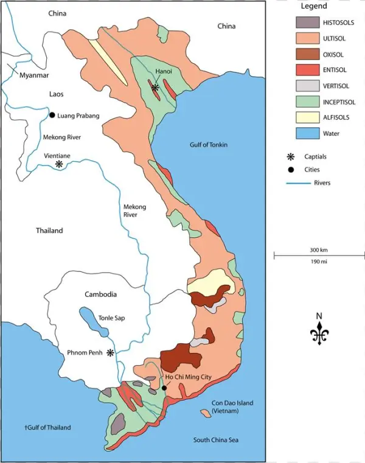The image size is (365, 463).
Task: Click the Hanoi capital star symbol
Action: (x=155, y=88)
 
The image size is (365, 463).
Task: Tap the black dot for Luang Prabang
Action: (x=52, y=115)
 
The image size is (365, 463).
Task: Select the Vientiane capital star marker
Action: (x=59, y=164)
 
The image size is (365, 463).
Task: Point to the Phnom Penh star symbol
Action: (x=110, y=353)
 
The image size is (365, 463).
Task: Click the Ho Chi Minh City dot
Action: (x=164, y=388)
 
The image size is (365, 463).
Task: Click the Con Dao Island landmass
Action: (x=206, y=413)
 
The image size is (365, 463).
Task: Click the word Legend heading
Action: (x=313, y=6)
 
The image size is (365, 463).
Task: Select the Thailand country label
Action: (x=49, y=231)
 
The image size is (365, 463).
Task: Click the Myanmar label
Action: (x=34, y=75)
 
